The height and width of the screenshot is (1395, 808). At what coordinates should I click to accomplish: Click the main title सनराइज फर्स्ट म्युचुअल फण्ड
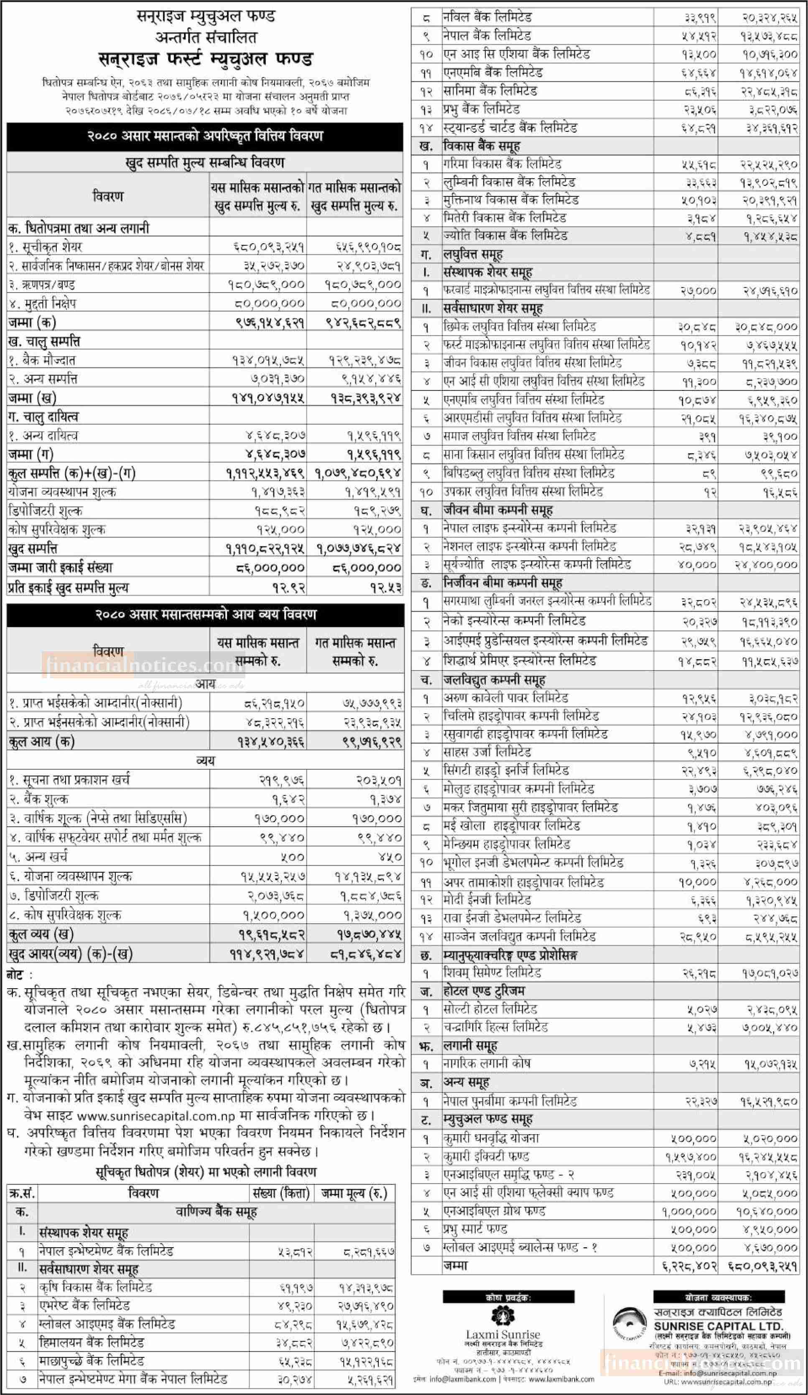(205, 59)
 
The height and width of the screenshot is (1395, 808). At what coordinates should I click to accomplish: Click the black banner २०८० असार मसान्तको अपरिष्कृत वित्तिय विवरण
(205, 136)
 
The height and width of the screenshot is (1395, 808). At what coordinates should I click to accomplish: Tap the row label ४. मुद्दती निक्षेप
(42, 303)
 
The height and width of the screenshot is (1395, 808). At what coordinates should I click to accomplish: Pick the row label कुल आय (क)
(41, 741)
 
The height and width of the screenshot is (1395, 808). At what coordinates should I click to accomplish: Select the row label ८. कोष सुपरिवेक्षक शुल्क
(65, 915)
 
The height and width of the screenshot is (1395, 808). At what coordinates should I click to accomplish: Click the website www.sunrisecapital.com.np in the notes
(156, 1115)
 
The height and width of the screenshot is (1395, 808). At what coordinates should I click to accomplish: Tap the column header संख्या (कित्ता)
(281, 1192)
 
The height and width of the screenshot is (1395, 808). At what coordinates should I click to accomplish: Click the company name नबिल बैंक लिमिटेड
(487, 18)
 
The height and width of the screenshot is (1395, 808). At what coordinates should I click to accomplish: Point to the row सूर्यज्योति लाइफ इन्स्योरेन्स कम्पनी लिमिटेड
(536, 565)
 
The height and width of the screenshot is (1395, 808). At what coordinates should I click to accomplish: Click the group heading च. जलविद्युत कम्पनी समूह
(494, 679)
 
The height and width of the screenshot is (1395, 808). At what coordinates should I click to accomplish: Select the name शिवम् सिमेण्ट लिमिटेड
(492, 972)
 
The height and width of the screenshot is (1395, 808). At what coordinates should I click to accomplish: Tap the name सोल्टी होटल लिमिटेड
(490, 1009)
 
